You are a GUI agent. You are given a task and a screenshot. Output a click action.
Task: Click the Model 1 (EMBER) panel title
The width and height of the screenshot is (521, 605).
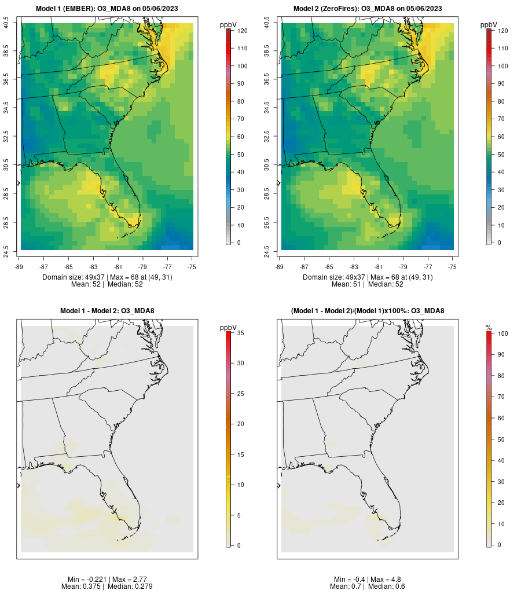(107, 9)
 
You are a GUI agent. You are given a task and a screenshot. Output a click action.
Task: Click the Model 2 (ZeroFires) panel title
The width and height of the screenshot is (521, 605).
(368, 9)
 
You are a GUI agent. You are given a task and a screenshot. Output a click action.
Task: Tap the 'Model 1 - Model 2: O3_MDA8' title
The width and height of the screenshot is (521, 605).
(107, 311)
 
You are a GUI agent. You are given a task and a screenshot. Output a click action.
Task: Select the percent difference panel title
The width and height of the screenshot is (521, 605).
(368, 311)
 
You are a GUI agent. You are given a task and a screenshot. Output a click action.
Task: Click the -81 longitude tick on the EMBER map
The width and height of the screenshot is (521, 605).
(118, 267)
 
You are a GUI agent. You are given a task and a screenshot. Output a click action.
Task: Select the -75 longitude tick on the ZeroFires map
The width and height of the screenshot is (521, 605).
(452, 267)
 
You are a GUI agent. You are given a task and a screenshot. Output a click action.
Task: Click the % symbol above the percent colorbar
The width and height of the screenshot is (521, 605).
(489, 328)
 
